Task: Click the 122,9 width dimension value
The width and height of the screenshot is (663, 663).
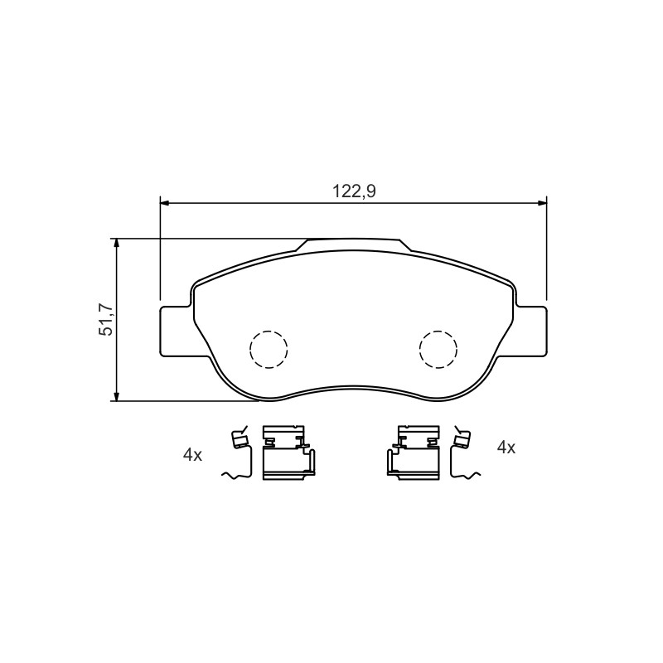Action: pos(354,191)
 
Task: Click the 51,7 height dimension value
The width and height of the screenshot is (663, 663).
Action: pos(106,320)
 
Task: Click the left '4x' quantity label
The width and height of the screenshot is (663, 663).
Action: pos(192,455)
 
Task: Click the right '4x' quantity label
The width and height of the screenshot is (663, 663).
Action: pos(506,448)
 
